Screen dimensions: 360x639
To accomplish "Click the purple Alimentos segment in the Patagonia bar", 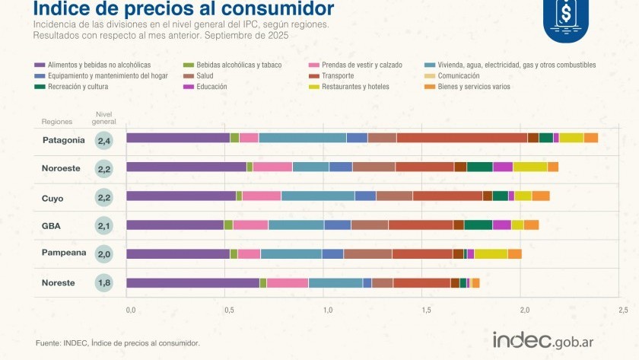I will click(178, 138).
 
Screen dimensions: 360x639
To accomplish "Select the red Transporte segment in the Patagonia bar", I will click(462, 138).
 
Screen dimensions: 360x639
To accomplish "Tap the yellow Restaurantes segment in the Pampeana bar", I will click(491, 253).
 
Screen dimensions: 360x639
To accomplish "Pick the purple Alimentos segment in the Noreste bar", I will click(192, 283).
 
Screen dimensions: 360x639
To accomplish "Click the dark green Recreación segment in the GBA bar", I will click(478, 225).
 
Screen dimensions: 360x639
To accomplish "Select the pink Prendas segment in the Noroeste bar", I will click(272, 167).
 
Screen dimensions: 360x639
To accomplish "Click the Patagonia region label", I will click(63, 140).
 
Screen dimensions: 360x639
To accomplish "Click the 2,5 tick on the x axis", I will click(622, 310).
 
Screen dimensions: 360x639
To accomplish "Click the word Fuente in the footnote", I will click(48, 343).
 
